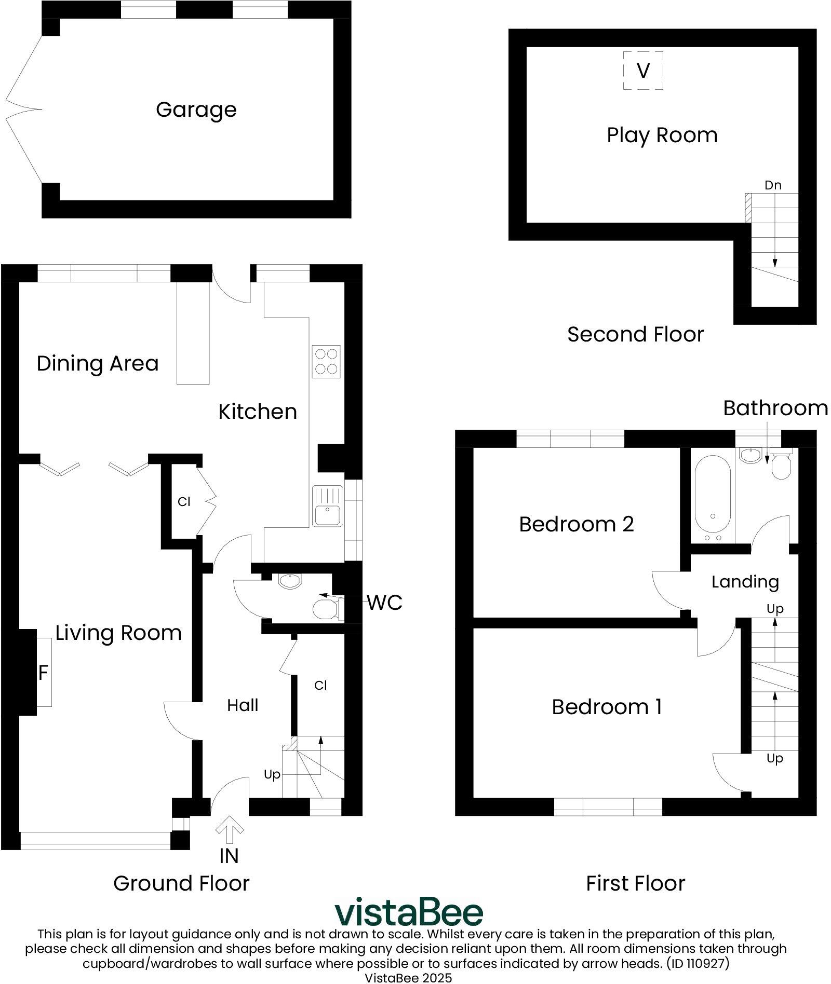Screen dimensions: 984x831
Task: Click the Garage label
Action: tap(196, 110)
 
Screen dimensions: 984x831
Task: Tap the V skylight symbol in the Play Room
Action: tap(643, 70)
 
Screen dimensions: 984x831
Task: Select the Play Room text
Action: tap(662, 135)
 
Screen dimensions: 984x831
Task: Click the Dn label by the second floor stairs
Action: tap(772, 185)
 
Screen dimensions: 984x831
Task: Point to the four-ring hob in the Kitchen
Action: tap(326, 361)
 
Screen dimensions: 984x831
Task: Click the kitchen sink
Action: tap(327, 505)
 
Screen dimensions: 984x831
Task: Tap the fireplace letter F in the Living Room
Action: tap(43, 673)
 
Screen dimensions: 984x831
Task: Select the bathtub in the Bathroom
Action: tap(712, 497)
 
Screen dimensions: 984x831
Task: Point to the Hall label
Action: tap(243, 705)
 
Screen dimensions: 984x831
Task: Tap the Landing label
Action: tap(745, 582)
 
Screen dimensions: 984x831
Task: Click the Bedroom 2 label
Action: tap(576, 524)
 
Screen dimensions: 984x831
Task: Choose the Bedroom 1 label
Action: tap(606, 707)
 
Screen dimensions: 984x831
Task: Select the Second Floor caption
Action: tap(635, 334)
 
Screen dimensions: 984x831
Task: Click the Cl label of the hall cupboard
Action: tap(320, 686)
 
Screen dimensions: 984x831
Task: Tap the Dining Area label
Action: tap(97, 363)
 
